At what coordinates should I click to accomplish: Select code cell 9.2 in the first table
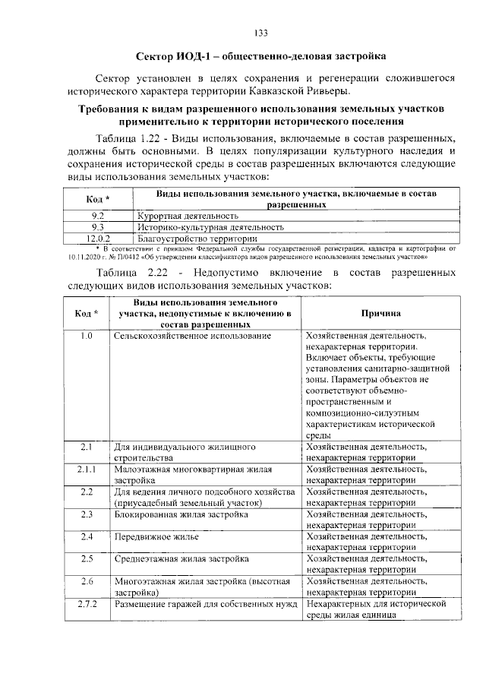pyautogui.click(x=96, y=217)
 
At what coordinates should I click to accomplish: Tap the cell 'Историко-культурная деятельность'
pyautogui.click(x=211, y=227)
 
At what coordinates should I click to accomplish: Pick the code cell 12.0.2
pyautogui.click(x=96, y=238)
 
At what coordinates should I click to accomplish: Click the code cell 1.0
pyautogui.click(x=86, y=335)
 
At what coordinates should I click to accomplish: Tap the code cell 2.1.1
pyautogui.click(x=86, y=470)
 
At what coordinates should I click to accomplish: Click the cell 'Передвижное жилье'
pyautogui.click(x=156, y=537)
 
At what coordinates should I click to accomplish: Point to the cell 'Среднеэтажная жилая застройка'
pyautogui.click(x=181, y=559)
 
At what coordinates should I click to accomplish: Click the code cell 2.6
pyautogui.click(x=86, y=581)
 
